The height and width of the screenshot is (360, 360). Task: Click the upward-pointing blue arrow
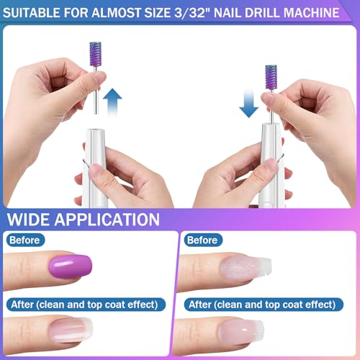[113, 102]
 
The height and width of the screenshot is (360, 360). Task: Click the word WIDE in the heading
[32, 220]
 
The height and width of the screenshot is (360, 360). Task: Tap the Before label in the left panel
[25, 240]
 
